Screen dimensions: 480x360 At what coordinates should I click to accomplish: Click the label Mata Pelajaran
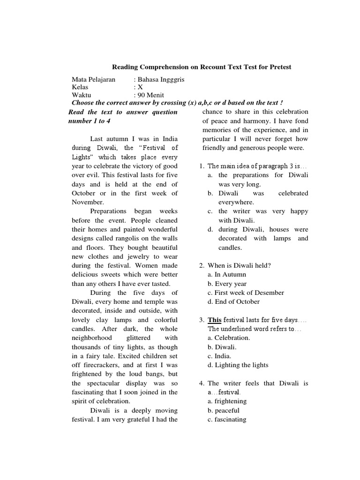(x=93, y=79)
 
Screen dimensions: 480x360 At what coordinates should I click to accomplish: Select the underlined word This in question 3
(x=215, y=320)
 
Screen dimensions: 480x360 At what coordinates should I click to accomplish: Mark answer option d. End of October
(x=233, y=301)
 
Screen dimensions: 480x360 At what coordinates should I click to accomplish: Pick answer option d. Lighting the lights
(x=238, y=365)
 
